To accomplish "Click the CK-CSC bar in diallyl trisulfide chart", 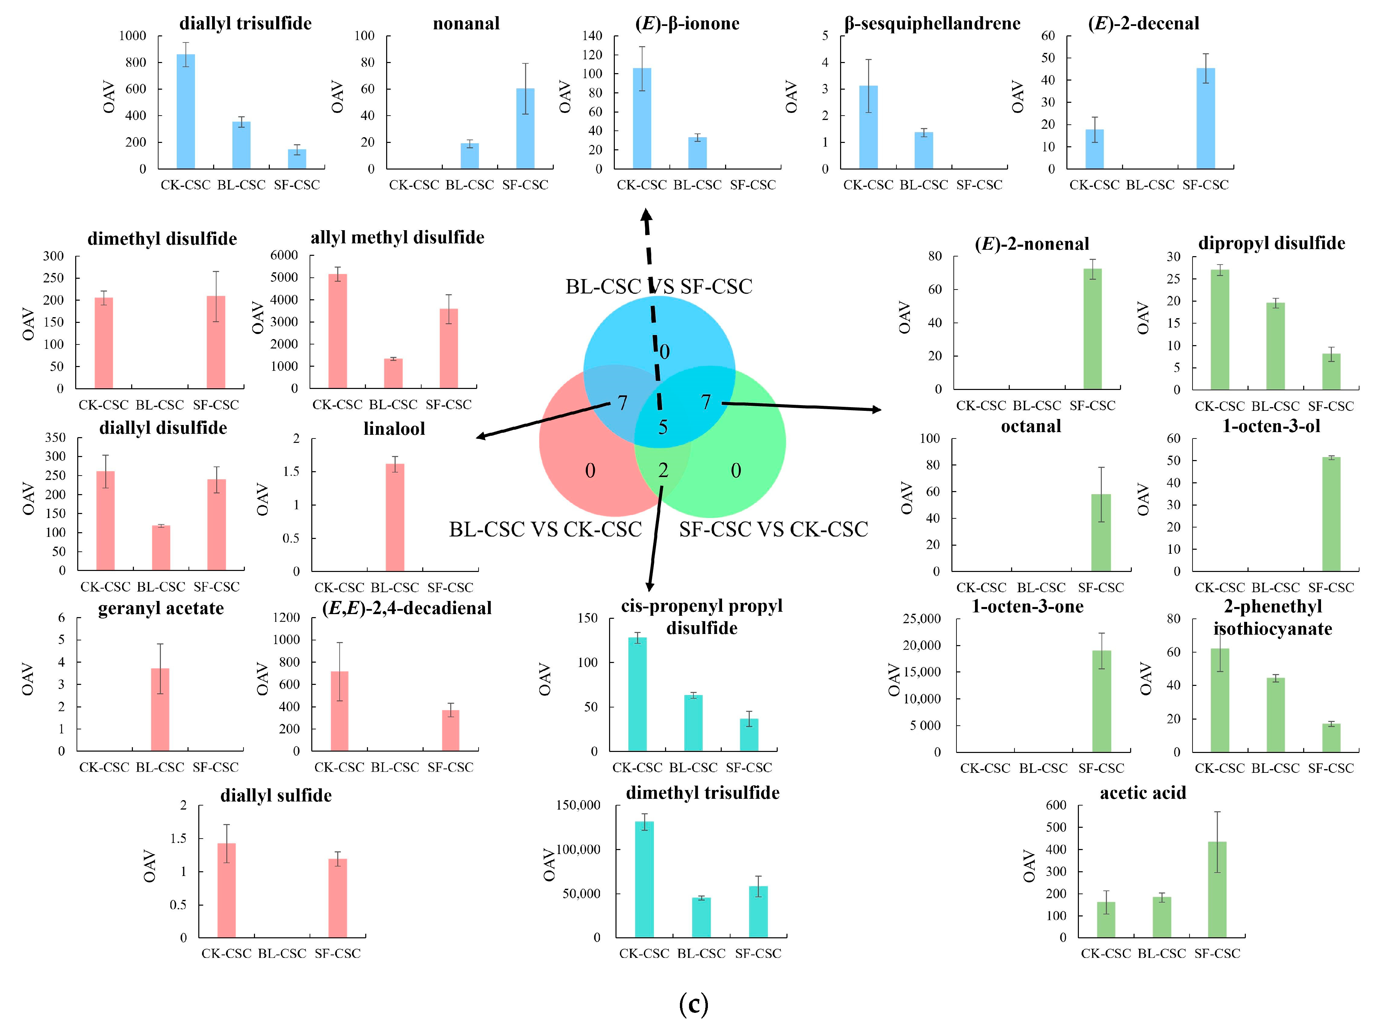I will (x=185, y=112).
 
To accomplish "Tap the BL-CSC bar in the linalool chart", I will (x=395, y=518).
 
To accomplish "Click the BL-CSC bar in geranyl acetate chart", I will (x=160, y=709).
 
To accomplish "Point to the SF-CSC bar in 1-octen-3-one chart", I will (x=1101, y=701).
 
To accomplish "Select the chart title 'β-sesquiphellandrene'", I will (x=932, y=24).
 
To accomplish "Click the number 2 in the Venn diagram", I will (x=663, y=471).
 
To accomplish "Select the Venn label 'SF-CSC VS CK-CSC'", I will (x=773, y=529).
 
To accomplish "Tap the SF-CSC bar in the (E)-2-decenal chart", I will (x=1205, y=118).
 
